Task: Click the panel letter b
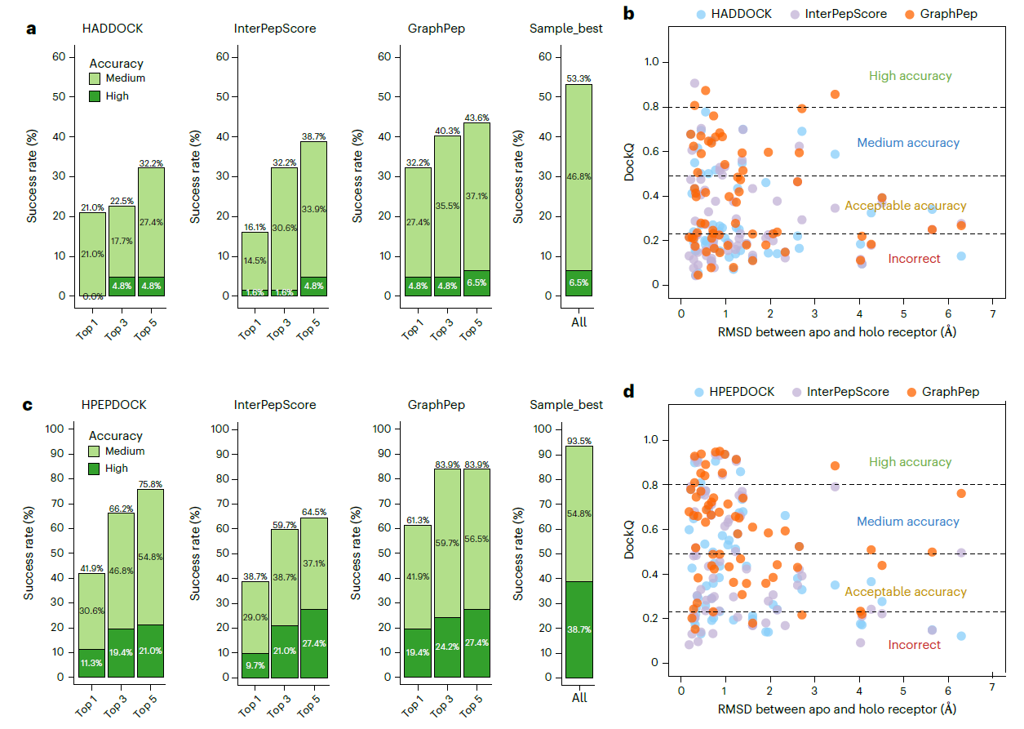pos(628,13)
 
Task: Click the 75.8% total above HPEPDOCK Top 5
pos(150,482)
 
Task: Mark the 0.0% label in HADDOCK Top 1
pos(92,297)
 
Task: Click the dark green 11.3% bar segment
pos(92,663)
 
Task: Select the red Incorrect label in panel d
pos(914,645)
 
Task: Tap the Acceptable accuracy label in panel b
pos(905,206)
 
